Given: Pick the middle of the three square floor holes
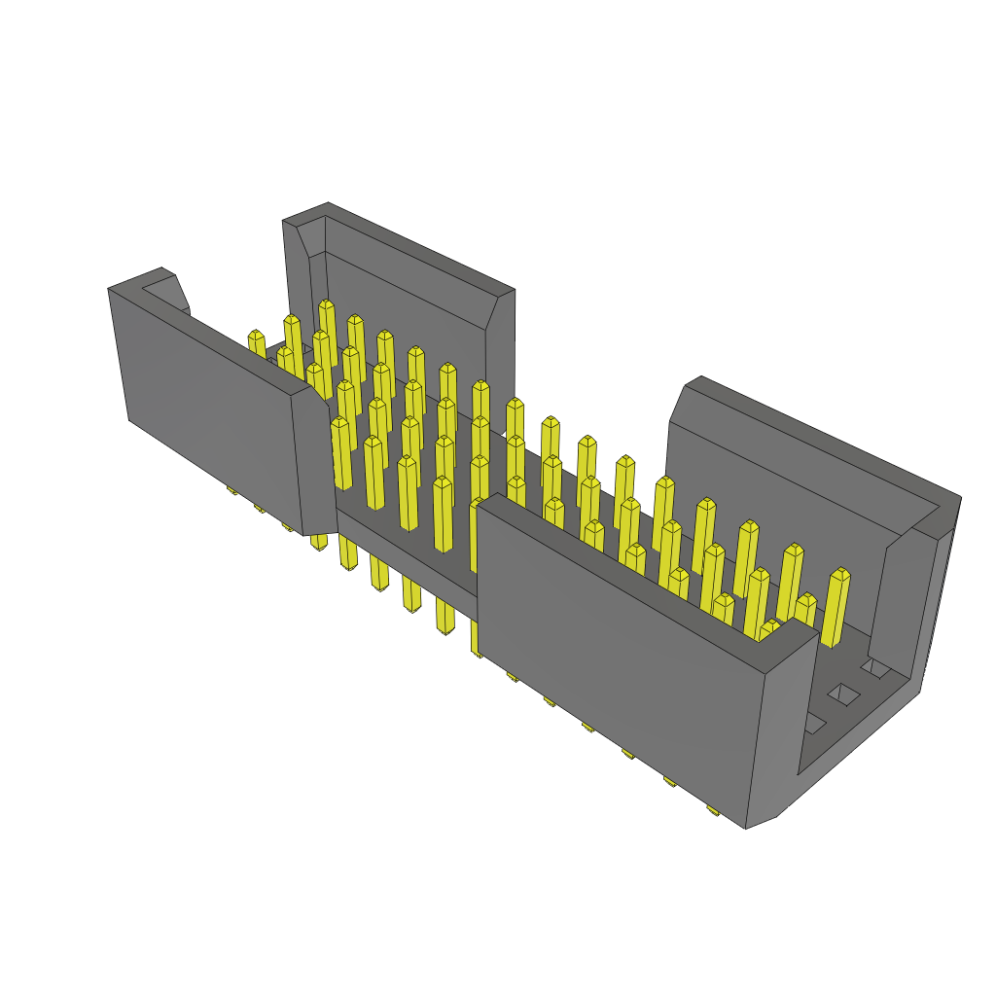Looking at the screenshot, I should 843,694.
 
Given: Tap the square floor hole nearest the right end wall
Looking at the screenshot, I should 876,667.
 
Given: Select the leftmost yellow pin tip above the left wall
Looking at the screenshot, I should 256,337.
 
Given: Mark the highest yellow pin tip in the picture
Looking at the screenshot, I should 326,305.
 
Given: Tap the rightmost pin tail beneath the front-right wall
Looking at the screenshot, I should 713,809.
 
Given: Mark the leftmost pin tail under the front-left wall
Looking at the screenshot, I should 232,489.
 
